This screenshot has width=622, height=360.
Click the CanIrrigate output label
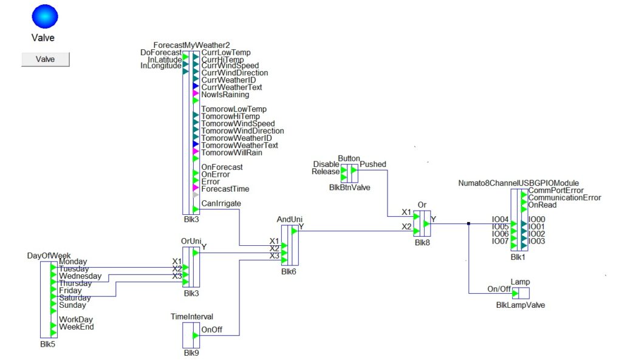coord(220,203)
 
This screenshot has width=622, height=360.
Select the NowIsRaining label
coord(225,95)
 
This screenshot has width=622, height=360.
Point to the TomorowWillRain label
coord(231,153)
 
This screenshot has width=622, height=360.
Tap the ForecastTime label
coord(225,189)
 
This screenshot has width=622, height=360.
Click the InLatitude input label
coord(164,59)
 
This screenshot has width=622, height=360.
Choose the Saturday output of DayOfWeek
coord(74,298)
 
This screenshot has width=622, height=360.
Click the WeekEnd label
coord(77,327)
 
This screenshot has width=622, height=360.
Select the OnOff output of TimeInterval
coord(211,329)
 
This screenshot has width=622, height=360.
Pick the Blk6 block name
coord(289,271)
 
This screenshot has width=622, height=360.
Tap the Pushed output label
coord(373,165)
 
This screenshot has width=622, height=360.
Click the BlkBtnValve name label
coord(349,188)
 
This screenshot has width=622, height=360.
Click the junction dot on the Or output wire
coord(470,223)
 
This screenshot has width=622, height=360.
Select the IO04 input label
coord(500,220)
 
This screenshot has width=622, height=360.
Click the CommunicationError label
coord(565,197)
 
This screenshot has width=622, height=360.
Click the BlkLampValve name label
coord(521,305)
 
